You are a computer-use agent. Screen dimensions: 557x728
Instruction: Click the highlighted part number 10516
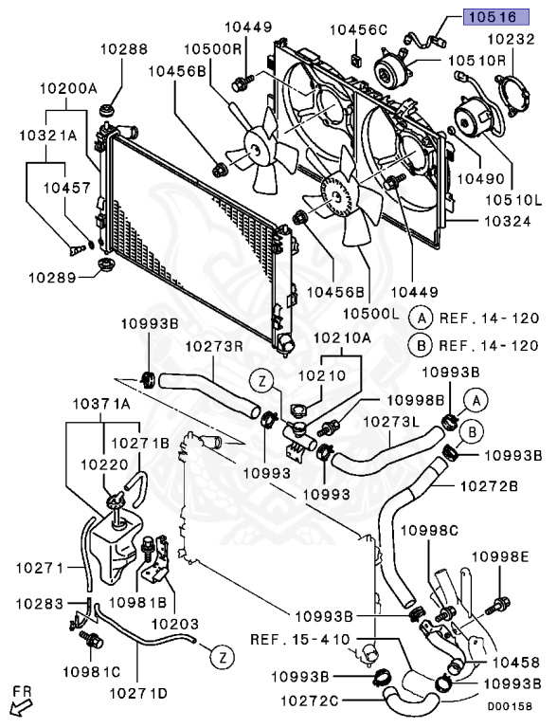495,17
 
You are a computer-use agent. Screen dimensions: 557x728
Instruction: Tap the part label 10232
511,39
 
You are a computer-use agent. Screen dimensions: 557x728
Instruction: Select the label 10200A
68,88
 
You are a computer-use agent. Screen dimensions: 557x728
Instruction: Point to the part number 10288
124,48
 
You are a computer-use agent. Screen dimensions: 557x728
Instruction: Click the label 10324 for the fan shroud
508,221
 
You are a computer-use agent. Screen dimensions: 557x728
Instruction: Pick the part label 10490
481,178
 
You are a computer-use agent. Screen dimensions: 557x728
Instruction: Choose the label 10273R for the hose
215,346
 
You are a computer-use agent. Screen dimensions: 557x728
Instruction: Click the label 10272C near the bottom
310,701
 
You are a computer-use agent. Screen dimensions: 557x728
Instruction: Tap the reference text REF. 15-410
300,639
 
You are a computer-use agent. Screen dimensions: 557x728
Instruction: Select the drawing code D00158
510,706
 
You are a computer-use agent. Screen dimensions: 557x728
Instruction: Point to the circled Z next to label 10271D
223,657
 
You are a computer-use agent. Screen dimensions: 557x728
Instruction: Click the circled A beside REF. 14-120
422,318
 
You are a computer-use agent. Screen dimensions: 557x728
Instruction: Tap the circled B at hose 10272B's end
472,432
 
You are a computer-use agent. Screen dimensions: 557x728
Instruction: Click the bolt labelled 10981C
91,640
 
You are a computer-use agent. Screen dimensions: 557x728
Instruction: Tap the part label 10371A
101,404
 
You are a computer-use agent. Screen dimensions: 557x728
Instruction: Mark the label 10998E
500,556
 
